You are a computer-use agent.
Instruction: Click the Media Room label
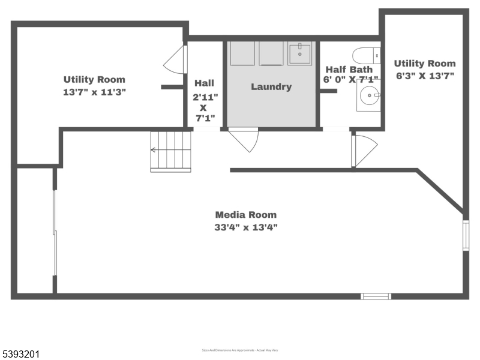[x=246, y=215]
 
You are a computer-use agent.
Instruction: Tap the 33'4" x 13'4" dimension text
[x=246, y=227]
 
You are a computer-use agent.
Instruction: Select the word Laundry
[x=271, y=87]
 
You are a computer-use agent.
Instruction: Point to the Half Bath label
[x=349, y=69]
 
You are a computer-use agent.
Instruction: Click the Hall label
[x=204, y=83]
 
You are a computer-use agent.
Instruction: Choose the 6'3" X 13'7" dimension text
[x=424, y=76]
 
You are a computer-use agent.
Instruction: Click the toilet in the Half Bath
[x=367, y=56]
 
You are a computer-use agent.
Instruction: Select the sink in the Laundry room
[x=299, y=53]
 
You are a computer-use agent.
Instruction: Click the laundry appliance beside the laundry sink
[x=271, y=53]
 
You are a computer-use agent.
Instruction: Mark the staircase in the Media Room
[x=170, y=151]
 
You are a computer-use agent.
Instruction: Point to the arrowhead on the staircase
[x=154, y=150]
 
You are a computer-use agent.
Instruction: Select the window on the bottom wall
[x=376, y=296]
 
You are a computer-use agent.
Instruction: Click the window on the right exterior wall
[x=466, y=235]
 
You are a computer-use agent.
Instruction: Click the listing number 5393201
[x=22, y=354]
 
